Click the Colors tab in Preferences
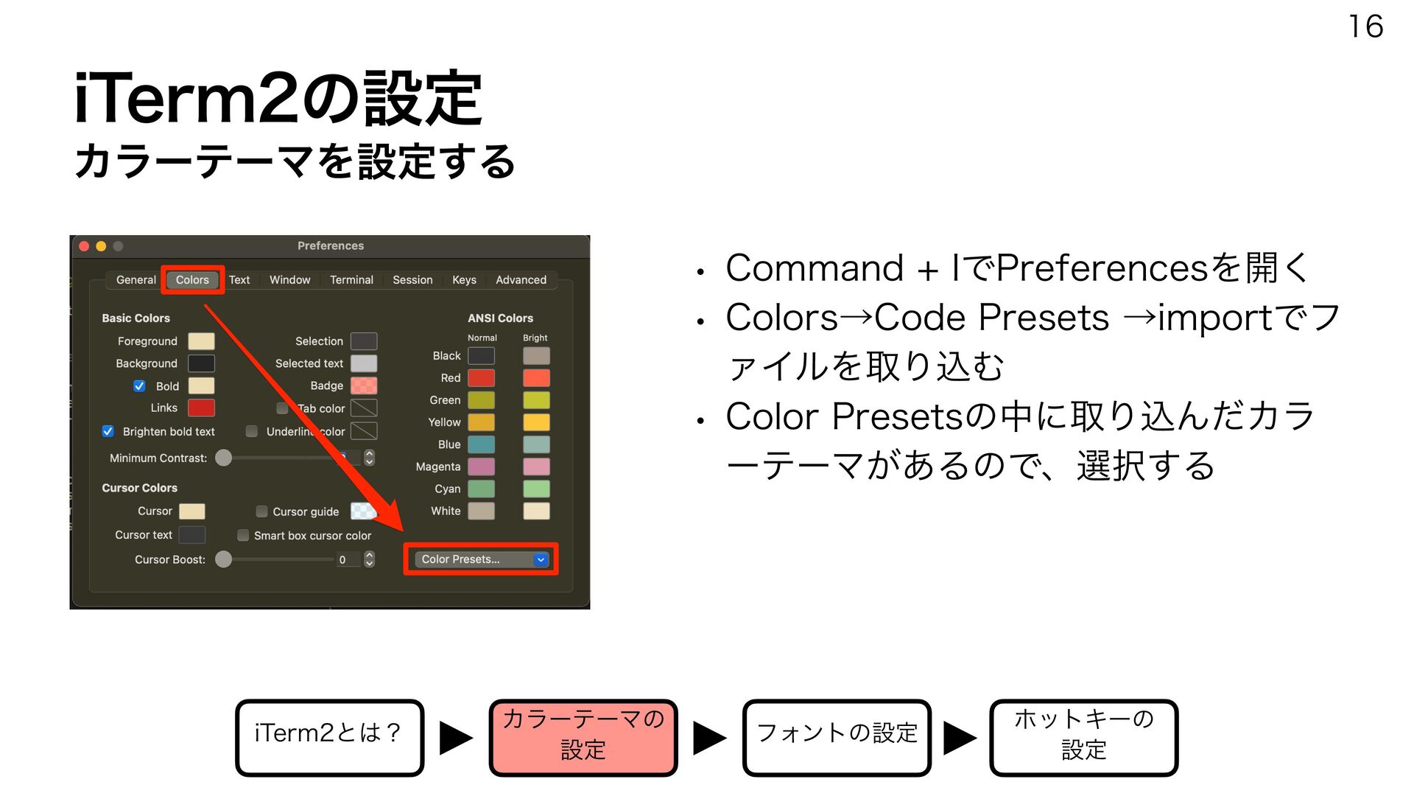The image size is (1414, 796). pyautogui.click(x=192, y=280)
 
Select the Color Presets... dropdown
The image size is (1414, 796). pyautogui.click(x=481, y=559)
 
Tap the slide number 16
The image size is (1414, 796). pyautogui.click(x=1365, y=27)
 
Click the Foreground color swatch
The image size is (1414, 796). pyautogui.click(x=201, y=341)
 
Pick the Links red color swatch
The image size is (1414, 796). pyautogui.click(x=201, y=408)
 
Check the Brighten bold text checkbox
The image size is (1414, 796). pyautogui.click(x=108, y=431)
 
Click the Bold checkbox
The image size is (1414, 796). pyautogui.click(x=139, y=385)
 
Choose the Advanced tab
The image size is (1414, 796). pyautogui.click(x=521, y=280)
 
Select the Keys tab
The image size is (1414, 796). pyautogui.click(x=464, y=280)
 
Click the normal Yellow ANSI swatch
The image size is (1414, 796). pyautogui.click(x=482, y=422)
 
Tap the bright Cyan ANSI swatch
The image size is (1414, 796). pyautogui.click(x=536, y=489)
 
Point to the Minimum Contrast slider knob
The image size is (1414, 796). pyautogui.click(x=223, y=458)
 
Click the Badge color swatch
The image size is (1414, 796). pyautogui.click(x=364, y=385)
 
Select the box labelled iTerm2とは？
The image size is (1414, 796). pyautogui.click(x=329, y=738)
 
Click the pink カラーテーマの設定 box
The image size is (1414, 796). pyautogui.click(x=583, y=738)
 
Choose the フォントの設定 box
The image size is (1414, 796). pyautogui.click(x=837, y=738)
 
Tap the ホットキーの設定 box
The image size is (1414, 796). pyautogui.click(x=1083, y=738)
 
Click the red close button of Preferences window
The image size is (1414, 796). pyautogui.click(x=84, y=246)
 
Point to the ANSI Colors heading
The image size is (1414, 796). pyautogui.click(x=500, y=318)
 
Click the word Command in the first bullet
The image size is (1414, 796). pyautogui.click(x=814, y=268)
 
